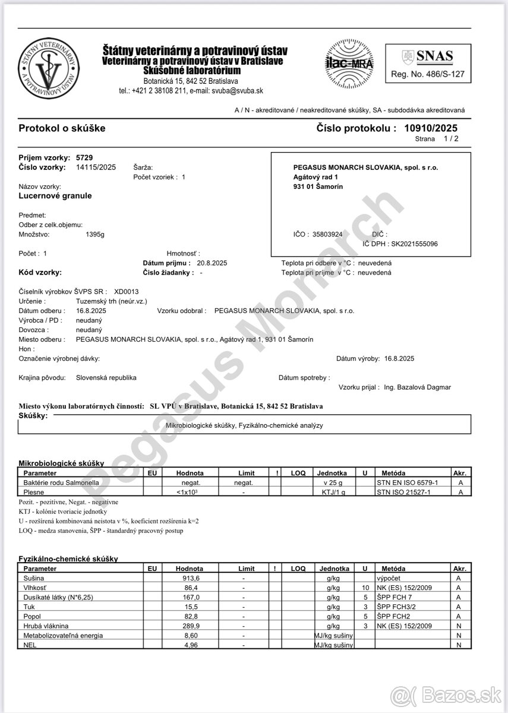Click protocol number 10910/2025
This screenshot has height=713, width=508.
click(x=431, y=128)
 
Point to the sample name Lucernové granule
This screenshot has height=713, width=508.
click(x=55, y=196)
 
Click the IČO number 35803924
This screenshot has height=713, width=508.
click(x=327, y=234)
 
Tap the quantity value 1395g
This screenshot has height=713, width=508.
click(x=95, y=234)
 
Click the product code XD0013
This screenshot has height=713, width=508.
click(x=126, y=292)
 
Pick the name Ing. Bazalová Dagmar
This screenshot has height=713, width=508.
click(x=417, y=387)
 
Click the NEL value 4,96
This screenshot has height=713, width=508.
click(x=191, y=645)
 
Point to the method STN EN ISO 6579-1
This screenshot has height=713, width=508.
click(x=407, y=482)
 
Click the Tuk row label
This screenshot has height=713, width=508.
click(x=29, y=607)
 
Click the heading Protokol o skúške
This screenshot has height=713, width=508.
click(x=62, y=128)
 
